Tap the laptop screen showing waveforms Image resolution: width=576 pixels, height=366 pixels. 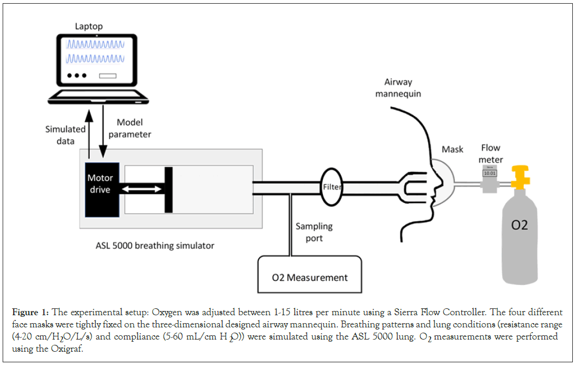tap(96, 58)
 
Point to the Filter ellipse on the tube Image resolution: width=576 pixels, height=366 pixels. tap(332, 187)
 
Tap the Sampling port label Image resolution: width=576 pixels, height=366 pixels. tap(314, 232)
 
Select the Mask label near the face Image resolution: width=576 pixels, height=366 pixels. tap(452, 150)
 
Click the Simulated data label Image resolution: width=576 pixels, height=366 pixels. tap(65, 134)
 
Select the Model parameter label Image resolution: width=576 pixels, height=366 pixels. tap(129, 129)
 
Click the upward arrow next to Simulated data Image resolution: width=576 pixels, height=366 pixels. tap(89, 130)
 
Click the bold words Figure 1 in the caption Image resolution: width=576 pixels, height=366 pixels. tap(30, 313)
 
